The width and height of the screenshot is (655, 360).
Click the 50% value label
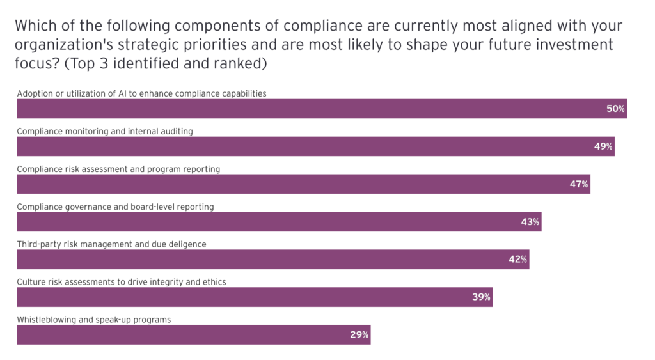pos(615,109)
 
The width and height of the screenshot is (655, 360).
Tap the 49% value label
pos(603,146)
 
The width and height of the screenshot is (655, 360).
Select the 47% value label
pos(579,184)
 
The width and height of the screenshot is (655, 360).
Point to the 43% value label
pos(530,222)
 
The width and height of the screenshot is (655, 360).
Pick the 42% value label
pos(518,260)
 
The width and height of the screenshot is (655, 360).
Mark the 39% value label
pos(482,297)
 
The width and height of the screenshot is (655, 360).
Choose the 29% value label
pos(359,334)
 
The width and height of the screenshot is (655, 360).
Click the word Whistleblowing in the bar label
pos(44,320)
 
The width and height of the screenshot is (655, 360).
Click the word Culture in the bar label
pos(30,282)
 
